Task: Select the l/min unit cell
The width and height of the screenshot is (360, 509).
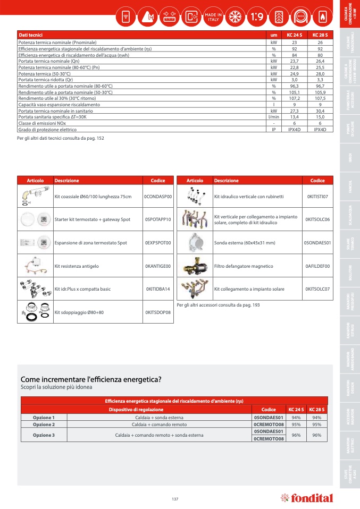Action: (x=273, y=117)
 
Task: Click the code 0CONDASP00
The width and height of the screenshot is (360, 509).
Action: (x=158, y=197)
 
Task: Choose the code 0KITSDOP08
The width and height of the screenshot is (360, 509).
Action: (x=158, y=312)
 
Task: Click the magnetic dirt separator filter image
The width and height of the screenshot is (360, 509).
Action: (x=194, y=266)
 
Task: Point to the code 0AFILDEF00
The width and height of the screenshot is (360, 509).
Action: (x=317, y=266)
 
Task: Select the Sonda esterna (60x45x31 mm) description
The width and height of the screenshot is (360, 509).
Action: (x=245, y=242)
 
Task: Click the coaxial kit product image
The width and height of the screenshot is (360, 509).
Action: (x=35, y=197)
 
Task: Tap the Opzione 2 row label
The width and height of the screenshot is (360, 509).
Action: (x=44, y=425)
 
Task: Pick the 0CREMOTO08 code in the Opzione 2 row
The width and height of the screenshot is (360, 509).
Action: (x=269, y=425)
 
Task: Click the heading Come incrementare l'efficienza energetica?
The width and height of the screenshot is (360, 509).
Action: (x=91, y=379)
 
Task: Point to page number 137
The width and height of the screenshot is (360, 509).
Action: (x=175, y=498)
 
